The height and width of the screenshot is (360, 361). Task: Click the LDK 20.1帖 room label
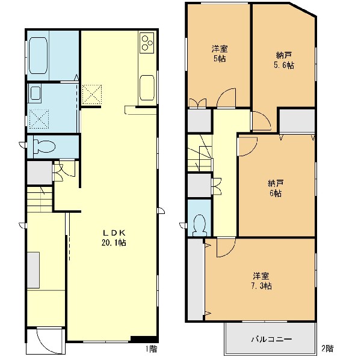pos(114,238)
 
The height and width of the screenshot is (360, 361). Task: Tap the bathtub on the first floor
pos(38,55)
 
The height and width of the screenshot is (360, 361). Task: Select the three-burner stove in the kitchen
pos(147,43)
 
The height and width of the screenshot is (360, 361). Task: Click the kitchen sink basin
pos(147,88)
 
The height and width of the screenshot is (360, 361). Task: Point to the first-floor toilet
pos(44,146)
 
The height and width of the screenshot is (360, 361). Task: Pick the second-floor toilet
pos(200,225)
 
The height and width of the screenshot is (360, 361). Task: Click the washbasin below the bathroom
pos(35,93)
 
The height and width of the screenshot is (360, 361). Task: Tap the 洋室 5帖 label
pos(220,53)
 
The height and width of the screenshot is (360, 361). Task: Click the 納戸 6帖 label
pos(276,188)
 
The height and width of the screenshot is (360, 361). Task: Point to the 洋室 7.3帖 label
pos(262,281)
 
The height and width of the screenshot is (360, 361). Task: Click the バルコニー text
pos(271,339)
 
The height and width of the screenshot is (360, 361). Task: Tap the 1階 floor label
pos(152,349)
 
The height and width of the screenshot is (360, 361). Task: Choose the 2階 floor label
pos(327,348)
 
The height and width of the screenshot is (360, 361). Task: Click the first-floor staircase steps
pos(40,199)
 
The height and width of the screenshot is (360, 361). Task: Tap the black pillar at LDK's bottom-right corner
pos(144,339)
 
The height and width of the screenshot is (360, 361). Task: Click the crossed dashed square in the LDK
pos(91,94)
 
